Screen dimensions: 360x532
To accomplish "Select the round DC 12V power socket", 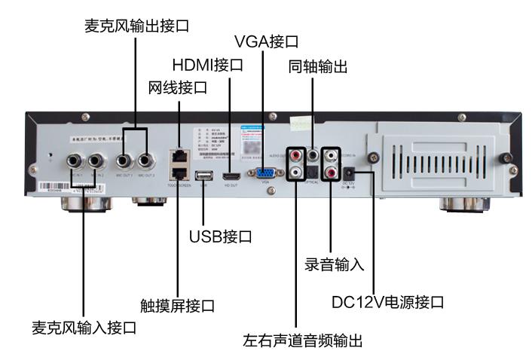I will point(351,172).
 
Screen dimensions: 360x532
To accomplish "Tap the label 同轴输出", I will point(316,67).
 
